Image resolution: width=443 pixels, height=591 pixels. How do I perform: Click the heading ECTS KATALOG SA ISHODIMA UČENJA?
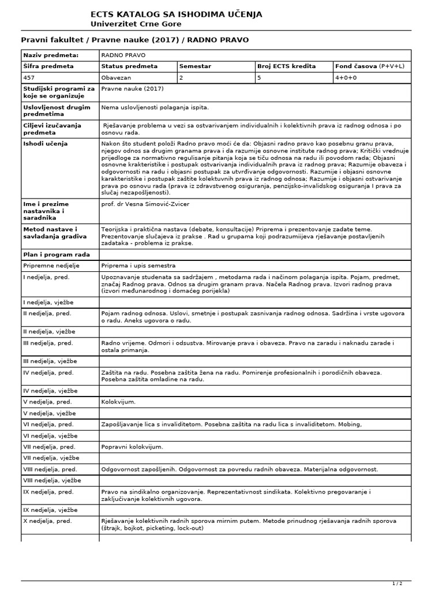coord(176,14)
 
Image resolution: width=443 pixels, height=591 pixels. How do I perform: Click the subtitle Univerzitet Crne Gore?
coord(136,24)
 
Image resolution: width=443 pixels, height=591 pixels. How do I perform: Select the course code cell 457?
coord(29,77)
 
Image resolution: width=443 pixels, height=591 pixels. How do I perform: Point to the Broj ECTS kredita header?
coord(286,66)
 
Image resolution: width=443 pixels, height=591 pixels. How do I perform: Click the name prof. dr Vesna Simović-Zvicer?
coord(145,204)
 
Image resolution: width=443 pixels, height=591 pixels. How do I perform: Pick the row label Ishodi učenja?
coord(45,143)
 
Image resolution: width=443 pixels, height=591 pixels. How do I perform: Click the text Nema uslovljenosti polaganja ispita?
coord(155,107)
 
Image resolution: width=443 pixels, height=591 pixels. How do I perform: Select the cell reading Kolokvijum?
coord(118,401)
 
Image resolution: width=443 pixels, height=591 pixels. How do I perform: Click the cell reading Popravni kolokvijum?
coord(132,446)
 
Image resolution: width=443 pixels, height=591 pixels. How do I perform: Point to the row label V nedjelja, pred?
coord(47,401)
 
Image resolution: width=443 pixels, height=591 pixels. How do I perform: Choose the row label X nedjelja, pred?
coord(47,521)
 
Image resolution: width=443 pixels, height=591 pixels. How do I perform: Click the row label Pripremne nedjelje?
coord(51,265)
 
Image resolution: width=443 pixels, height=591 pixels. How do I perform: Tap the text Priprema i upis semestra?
coord(138,265)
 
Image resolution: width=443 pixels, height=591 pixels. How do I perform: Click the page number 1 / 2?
coord(397,583)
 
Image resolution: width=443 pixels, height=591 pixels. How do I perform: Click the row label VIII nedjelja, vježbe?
coord(52,480)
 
